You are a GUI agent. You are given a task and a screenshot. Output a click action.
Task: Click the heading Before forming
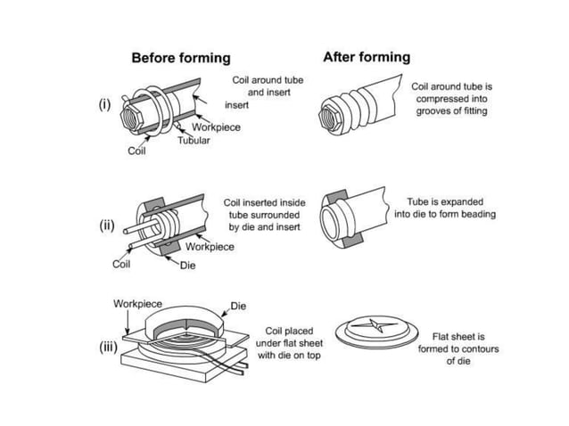point(181,58)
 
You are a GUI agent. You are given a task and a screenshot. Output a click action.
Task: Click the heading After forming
point(367,57)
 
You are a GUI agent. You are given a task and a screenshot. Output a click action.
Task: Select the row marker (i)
point(105,104)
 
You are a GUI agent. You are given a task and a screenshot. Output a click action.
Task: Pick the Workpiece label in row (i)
point(216,127)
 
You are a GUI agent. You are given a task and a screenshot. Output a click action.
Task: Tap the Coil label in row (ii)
point(122,264)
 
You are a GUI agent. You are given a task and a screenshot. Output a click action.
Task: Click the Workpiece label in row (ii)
point(210,247)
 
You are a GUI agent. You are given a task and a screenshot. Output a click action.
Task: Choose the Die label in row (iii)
point(238,306)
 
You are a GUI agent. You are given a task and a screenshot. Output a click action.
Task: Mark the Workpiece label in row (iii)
point(137,303)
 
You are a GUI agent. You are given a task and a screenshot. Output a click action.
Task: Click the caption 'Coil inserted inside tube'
point(263,215)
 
